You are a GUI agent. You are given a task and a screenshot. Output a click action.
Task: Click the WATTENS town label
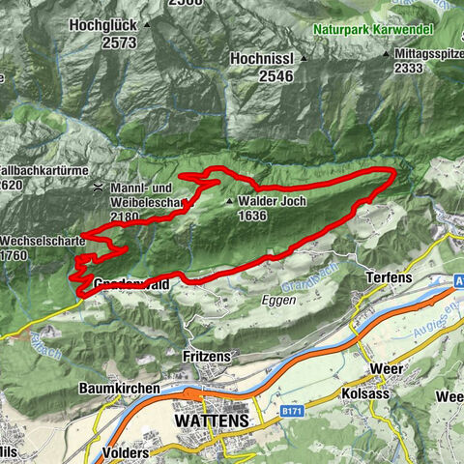[x=210, y=421]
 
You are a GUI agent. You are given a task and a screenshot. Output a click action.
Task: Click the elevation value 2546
[x=258, y=77]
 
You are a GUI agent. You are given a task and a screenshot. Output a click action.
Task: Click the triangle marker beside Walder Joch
[x=229, y=202]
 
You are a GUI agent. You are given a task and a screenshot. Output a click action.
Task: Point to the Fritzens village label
[x=206, y=357]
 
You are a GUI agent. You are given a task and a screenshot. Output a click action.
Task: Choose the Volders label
[x=130, y=451]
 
